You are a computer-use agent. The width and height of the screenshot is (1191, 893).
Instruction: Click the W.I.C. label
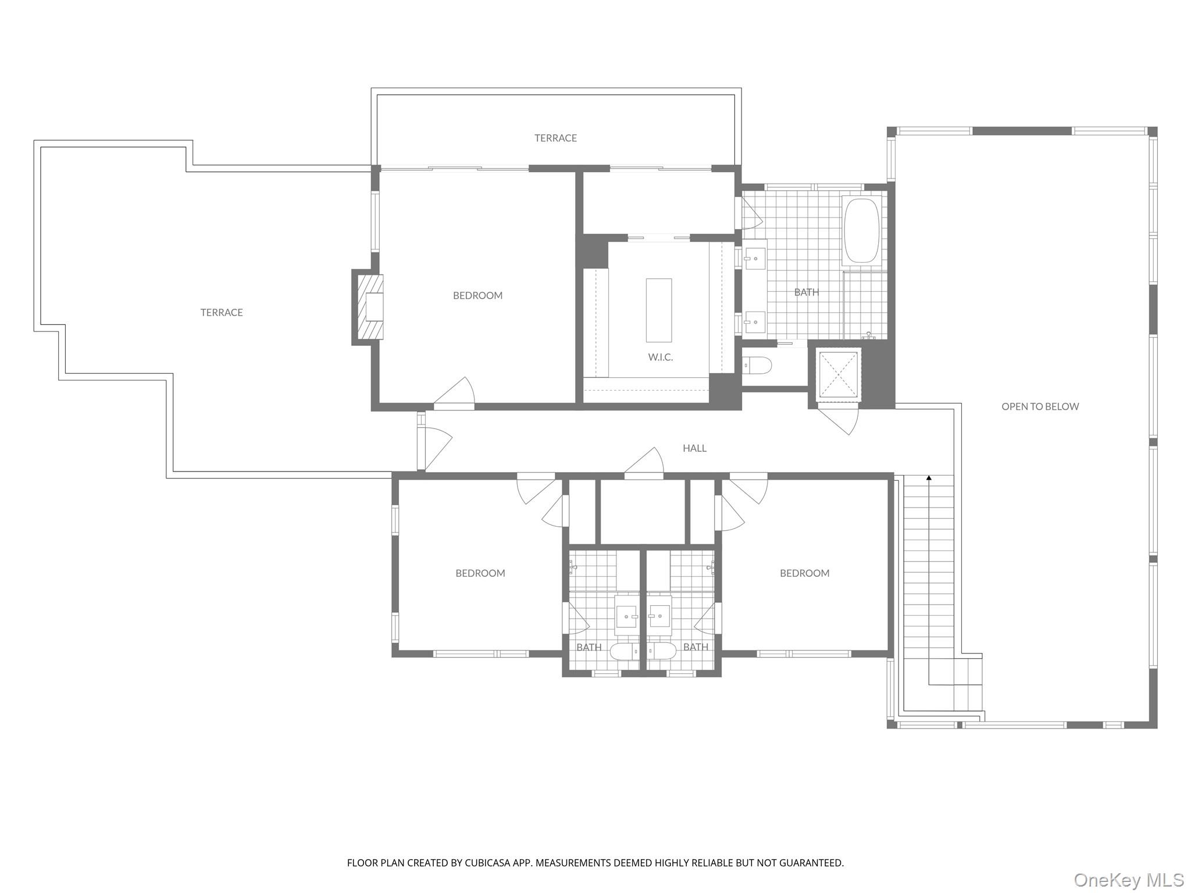click(x=660, y=357)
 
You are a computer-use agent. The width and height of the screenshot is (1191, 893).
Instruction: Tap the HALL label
click(x=694, y=448)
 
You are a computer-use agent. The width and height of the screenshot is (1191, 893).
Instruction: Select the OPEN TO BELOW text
click(x=1040, y=407)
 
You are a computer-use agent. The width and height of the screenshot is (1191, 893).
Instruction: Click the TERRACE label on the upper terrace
click(x=555, y=138)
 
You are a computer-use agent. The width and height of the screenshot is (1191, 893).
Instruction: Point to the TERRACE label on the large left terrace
click(x=222, y=313)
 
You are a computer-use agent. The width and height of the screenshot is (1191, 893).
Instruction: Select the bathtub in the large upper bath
click(x=862, y=231)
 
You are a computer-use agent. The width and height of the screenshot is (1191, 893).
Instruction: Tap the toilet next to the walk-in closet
click(x=757, y=366)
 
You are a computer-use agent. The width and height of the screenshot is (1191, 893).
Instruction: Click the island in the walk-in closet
click(x=658, y=310)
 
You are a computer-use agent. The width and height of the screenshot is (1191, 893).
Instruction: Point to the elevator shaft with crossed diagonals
click(x=839, y=375)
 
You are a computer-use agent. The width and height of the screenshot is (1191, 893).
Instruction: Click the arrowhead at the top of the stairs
click(x=929, y=478)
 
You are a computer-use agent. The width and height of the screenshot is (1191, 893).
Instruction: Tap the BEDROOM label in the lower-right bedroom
click(x=804, y=573)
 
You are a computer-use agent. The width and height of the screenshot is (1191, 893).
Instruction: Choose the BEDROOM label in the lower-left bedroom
click(x=480, y=573)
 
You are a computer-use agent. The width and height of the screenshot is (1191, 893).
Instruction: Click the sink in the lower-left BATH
click(x=627, y=616)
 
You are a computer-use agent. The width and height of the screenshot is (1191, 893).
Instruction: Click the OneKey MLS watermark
click(x=1128, y=880)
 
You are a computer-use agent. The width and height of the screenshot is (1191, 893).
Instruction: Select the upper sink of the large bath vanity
click(x=755, y=256)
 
